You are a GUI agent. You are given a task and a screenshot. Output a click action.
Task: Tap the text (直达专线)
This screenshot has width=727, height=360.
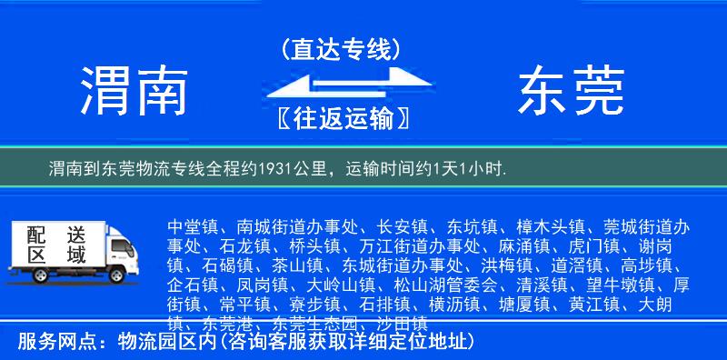click(342, 48)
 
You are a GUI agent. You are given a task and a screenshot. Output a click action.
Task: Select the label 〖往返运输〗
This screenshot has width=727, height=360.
click(341, 119)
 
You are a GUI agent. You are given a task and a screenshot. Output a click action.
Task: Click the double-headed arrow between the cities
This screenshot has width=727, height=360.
click(341, 84)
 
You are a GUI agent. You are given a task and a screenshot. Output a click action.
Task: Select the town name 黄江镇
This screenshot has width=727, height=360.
click(574, 305)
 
